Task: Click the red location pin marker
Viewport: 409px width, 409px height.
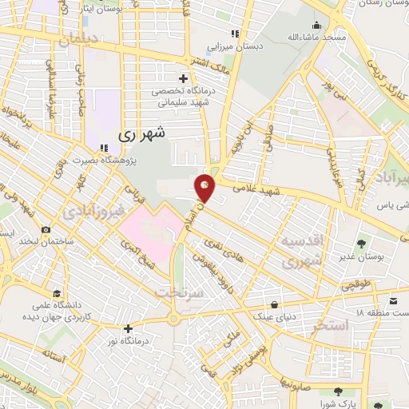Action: pos(206,187)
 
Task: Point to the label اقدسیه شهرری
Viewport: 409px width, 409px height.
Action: pos(302,250)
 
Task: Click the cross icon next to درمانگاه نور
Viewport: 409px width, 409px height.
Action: pos(128,328)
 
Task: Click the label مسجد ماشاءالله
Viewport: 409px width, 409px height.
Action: pos(318,38)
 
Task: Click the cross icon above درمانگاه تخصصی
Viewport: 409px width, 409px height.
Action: pos(184,78)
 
